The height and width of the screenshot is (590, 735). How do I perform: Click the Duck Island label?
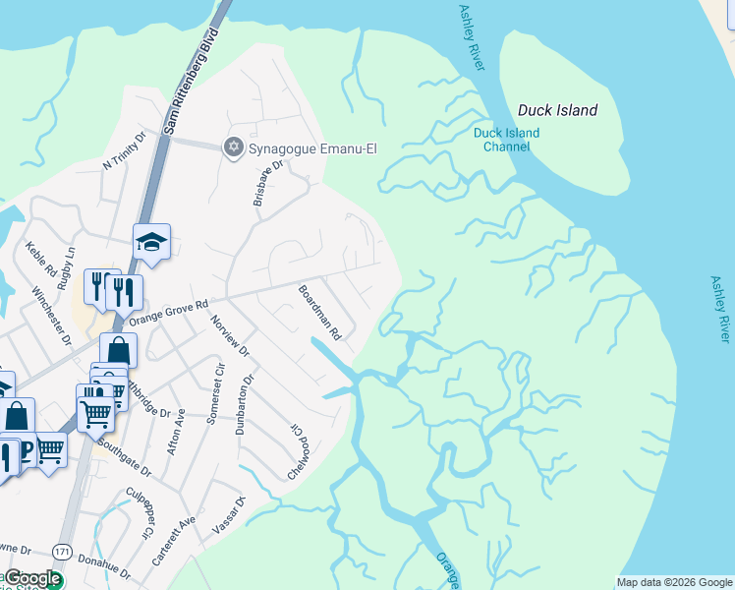click(557, 110)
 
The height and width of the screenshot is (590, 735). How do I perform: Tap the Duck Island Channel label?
click(506, 140)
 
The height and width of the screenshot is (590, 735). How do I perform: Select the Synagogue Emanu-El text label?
click(312, 149)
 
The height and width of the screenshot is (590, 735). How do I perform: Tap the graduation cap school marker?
click(152, 241)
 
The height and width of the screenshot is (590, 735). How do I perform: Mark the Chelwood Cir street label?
click(298, 452)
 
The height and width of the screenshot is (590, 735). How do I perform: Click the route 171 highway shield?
click(63, 549)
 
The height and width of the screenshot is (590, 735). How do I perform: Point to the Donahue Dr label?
click(103, 571)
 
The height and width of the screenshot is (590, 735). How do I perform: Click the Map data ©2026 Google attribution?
click(674, 582)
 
